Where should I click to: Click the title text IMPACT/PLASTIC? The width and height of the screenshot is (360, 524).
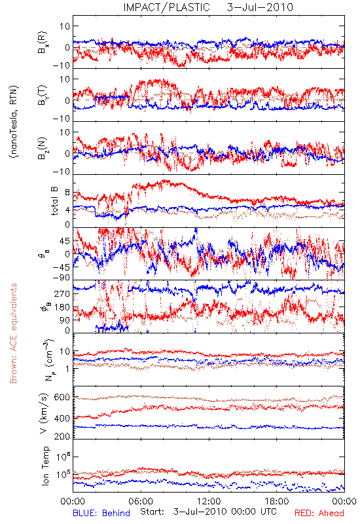[x=166, y=7]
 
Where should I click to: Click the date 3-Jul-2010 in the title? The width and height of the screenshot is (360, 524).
[x=260, y=7]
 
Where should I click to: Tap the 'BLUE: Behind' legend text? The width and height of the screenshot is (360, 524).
[x=101, y=513]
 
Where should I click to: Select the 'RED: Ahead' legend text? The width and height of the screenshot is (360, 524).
[x=319, y=513]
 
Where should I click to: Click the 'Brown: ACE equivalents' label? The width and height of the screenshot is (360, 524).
[x=13, y=333]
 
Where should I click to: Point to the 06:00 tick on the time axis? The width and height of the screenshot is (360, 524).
[x=141, y=501]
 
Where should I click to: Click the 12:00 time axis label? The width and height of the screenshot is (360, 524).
[x=209, y=501]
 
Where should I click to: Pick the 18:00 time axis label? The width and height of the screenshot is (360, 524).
[x=277, y=501]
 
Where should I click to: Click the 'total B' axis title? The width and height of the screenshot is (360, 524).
[x=54, y=201]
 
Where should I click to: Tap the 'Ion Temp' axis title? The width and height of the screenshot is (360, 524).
[x=45, y=466]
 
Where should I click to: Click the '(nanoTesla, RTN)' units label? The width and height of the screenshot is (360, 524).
[x=14, y=122]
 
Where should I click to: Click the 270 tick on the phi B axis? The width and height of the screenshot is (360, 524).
[x=63, y=293]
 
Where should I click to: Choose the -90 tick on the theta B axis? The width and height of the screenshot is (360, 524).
[x=61, y=278]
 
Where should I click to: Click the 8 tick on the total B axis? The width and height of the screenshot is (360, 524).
[x=67, y=193]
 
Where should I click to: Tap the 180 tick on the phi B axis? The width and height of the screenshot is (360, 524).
[x=63, y=307]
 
